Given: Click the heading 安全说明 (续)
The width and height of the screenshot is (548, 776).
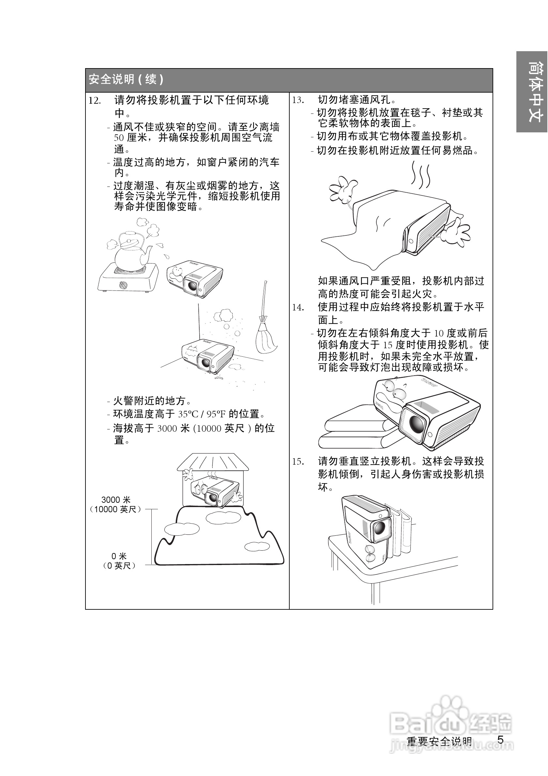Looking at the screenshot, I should click(x=126, y=80).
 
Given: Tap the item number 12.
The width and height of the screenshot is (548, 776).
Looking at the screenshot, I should click(x=95, y=101).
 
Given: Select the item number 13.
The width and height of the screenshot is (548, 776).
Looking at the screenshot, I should click(x=298, y=100).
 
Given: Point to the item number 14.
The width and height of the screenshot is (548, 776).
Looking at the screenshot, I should click(x=298, y=307).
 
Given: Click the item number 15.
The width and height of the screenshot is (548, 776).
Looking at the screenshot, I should click(x=298, y=462).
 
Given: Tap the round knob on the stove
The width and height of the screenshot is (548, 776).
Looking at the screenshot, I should click(x=124, y=285).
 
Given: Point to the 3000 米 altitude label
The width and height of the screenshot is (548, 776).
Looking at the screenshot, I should click(x=116, y=500).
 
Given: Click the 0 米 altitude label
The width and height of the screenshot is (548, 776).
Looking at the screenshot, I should click(x=119, y=556).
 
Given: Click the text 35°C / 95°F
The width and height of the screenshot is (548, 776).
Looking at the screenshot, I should click(x=202, y=414).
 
